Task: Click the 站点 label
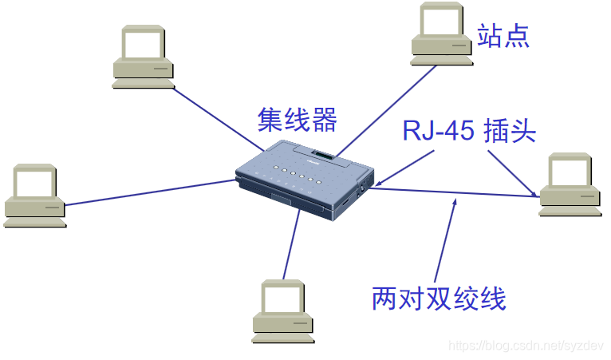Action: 503,35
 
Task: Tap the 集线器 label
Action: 297,120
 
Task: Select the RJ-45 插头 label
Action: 469,130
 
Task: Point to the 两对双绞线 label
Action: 439,299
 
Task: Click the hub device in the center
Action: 305,180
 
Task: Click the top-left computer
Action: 144,55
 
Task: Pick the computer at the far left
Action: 34,194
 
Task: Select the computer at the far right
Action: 569,184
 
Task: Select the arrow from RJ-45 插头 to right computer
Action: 511,171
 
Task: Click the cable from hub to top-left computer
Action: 215,117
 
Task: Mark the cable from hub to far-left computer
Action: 152,192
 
